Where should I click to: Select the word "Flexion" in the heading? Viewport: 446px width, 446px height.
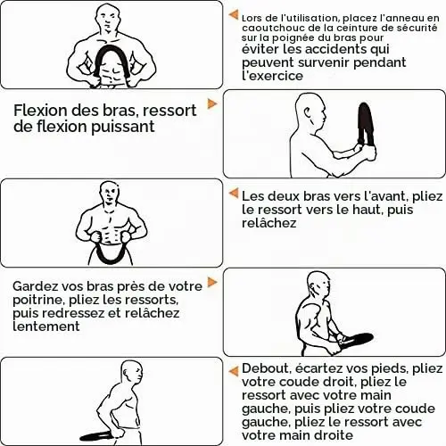pos(40,111)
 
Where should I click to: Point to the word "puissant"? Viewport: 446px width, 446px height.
pos(123,127)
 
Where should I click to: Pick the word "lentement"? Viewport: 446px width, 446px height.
pos(46,326)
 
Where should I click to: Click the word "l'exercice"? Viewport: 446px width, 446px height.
pos(272,76)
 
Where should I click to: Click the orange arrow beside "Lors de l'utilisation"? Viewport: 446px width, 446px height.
pos(234,14)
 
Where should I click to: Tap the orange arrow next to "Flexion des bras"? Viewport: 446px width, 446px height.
pos(212,103)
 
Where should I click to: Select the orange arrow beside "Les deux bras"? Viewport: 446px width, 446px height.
pos(234,194)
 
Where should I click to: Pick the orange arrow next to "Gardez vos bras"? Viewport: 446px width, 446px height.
pos(212,282)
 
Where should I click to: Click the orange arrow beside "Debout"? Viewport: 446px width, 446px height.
pos(234,371)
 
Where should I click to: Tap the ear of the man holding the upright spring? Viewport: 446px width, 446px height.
pos(308,111)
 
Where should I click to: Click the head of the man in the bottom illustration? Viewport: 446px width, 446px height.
pos(132,373)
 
